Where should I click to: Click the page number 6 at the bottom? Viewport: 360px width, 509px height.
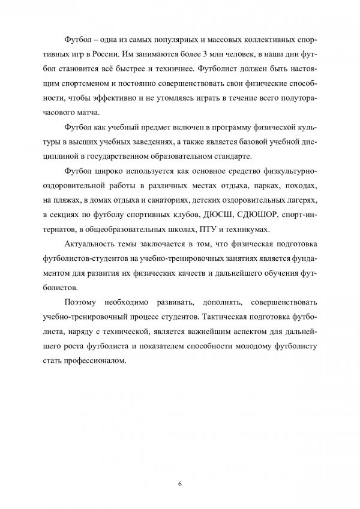coord(179,484)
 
